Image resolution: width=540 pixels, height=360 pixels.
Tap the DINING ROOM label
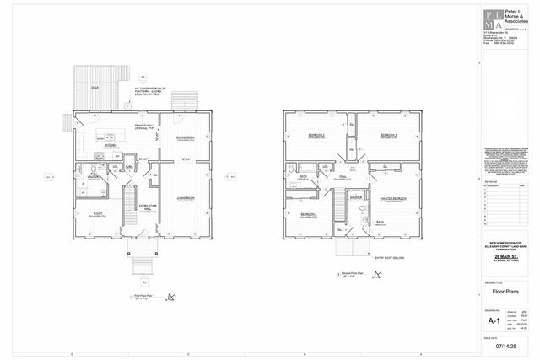pos(185,137)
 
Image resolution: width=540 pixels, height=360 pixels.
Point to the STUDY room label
pos(98,213)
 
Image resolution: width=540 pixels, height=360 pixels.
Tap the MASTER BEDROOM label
pos(394,197)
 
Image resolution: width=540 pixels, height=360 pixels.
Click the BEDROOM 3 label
pos(388,134)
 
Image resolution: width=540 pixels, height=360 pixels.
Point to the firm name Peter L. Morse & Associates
pos(516,14)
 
